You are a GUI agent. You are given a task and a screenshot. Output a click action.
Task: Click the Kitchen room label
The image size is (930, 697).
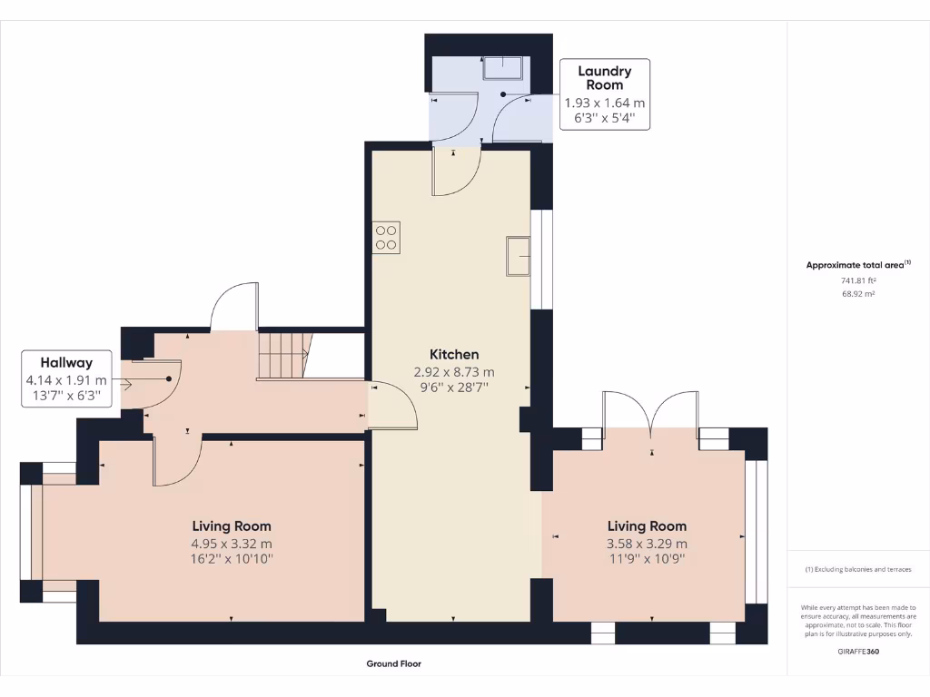coord(454,354)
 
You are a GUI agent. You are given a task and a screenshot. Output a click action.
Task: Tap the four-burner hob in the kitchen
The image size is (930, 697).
coord(387,238)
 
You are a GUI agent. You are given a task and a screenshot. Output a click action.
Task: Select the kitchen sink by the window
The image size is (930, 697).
coord(518,255)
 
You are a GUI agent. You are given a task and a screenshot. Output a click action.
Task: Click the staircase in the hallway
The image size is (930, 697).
coord(282,355)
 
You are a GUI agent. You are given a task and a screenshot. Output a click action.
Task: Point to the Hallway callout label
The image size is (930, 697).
coord(66,362)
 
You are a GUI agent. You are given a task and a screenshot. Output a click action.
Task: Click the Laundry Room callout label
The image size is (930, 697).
coord(604,77)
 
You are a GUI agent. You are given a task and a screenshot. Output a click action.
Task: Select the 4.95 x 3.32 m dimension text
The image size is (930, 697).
coord(232,544)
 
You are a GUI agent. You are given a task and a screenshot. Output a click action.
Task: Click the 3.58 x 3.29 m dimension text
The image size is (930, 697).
coord(647,544)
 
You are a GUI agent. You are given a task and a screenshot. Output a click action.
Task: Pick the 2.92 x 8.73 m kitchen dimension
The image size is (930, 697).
coord(454,372)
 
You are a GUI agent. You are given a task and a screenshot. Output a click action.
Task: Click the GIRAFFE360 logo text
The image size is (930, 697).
coord(858,651)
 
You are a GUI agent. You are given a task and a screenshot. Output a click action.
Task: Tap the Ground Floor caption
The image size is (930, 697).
coord(393,663)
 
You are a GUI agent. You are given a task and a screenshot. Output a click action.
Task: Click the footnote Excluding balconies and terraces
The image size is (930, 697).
coord(858,569)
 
